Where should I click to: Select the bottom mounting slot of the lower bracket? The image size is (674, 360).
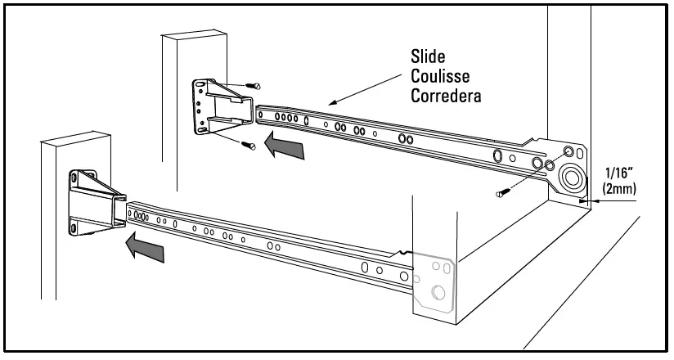click(76, 228)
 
